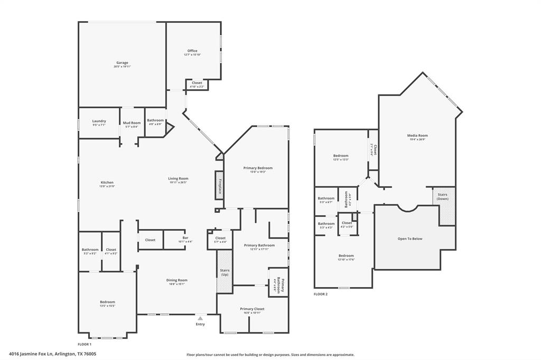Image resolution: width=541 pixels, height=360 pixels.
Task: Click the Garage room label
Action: [122, 63]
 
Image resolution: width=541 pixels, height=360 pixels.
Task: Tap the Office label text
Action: [192, 51]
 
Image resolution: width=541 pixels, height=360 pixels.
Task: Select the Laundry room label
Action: [99, 121]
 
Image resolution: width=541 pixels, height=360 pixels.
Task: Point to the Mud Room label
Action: [132, 123]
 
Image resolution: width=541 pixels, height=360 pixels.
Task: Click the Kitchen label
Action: [107, 183]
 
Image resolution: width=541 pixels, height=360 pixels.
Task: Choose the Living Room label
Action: [179, 178]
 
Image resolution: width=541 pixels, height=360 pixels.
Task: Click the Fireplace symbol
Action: [219, 185]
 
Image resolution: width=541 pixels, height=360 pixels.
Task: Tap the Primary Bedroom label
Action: [258, 168]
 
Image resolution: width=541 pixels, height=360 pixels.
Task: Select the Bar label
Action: [185, 238]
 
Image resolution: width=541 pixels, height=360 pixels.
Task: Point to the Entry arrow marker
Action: [200, 318]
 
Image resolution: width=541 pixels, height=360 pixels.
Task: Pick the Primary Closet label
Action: [252, 309]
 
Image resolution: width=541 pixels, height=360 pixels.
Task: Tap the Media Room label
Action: [417, 136]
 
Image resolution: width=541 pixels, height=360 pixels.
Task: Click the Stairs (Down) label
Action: [443, 196]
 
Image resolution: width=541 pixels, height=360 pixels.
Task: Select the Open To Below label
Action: [409, 239]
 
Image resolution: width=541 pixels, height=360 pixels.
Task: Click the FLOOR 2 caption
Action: [321, 294]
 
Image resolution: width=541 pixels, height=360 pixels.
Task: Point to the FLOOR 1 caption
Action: [85, 344]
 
